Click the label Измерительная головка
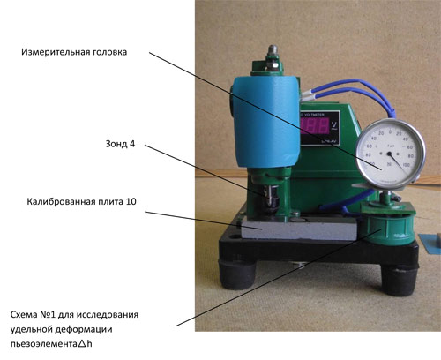coord(74,52)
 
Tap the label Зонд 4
coord(120,144)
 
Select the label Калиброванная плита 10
coord(81,202)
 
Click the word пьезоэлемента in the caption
coord(43,343)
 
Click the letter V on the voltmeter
coord(333,124)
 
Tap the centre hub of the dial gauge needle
coord(389,154)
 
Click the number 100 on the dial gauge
coord(406,164)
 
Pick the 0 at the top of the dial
coord(390,132)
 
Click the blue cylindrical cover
coord(266,122)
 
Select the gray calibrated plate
coord(297,230)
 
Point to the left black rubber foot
coord(237,276)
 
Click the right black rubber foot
coord(400,281)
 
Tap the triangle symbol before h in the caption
coord(82,343)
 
